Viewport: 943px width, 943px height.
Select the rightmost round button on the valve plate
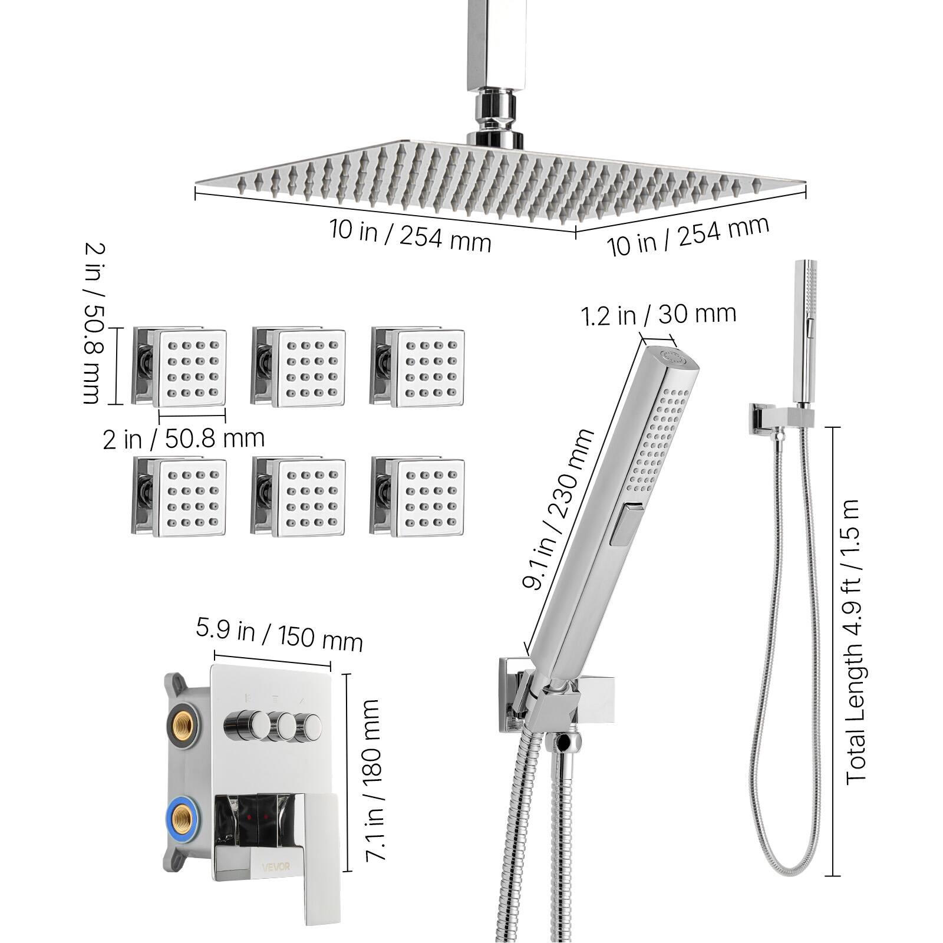click(308, 724)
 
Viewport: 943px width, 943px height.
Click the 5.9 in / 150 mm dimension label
click(279, 635)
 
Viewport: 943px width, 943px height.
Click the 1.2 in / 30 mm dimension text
click(659, 315)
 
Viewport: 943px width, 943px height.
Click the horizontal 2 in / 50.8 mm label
click(183, 439)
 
